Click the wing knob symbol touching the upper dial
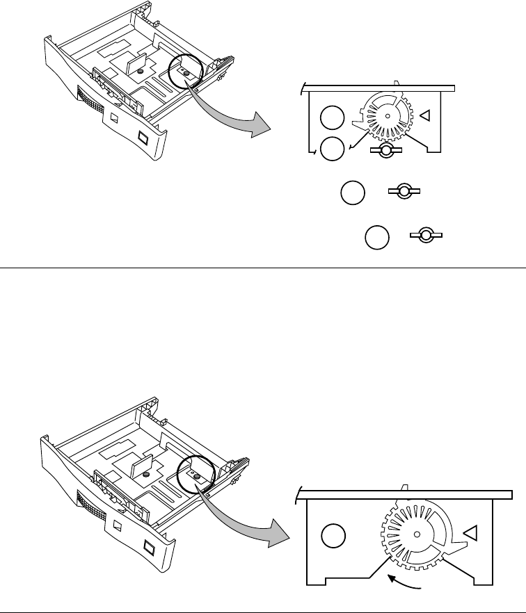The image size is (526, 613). pyautogui.click(x=381, y=150)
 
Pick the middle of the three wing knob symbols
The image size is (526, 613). pyautogui.click(x=405, y=193)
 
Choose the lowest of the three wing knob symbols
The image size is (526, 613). pyautogui.click(x=427, y=236)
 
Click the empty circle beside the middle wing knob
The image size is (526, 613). pyautogui.click(x=353, y=193)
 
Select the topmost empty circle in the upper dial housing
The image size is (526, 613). pyautogui.click(x=331, y=118)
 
